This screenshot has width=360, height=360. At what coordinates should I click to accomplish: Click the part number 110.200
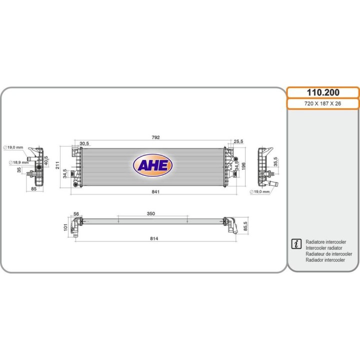click(x=323, y=92)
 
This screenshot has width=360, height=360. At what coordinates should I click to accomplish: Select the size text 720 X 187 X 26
click(x=322, y=103)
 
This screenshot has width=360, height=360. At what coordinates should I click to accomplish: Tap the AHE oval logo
click(x=152, y=165)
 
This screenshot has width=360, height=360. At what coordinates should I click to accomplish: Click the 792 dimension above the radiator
click(x=155, y=137)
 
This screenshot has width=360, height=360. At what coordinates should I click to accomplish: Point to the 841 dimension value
click(x=155, y=191)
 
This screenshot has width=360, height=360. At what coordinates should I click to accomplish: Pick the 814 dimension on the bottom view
click(x=154, y=238)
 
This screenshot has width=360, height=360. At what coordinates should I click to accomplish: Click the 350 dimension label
click(x=151, y=213)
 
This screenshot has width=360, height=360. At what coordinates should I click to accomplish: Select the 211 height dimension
click(x=57, y=165)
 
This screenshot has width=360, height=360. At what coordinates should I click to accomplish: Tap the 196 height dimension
click(x=244, y=166)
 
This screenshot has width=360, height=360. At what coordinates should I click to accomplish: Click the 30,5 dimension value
click(x=84, y=143)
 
